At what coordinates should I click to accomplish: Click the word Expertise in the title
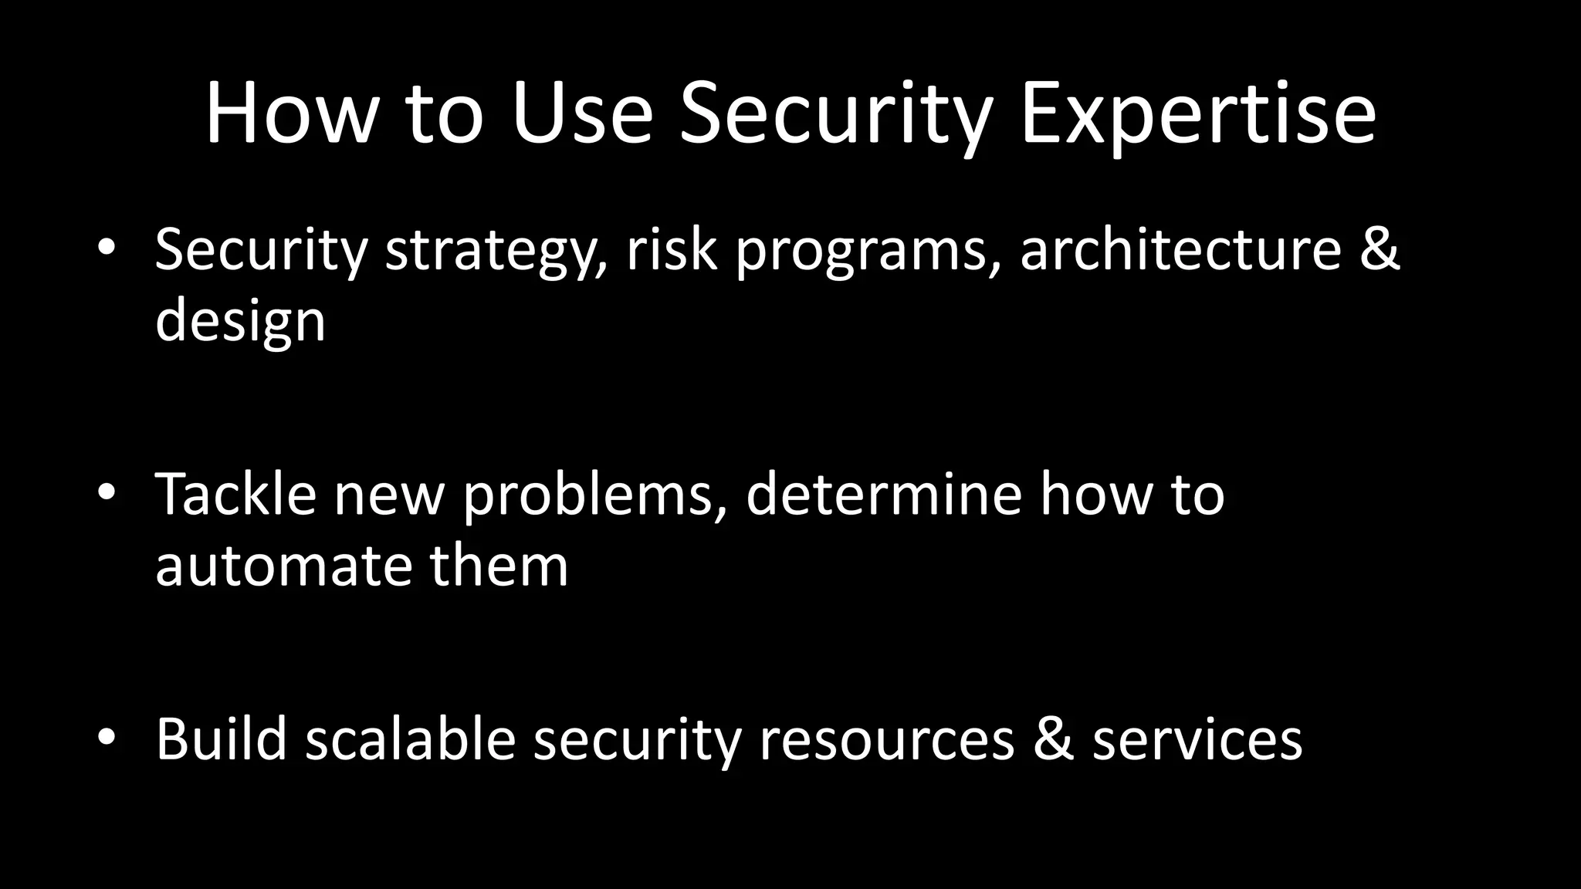(x=1197, y=116)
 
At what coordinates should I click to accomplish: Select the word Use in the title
(x=581, y=116)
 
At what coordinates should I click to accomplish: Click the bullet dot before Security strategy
(x=107, y=248)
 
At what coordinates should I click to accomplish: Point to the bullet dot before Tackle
(x=107, y=492)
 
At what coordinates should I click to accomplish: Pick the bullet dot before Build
(x=107, y=737)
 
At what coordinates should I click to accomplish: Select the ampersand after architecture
(x=1379, y=249)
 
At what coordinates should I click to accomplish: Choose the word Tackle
(x=236, y=494)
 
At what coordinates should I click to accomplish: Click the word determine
(x=884, y=494)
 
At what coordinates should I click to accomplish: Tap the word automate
(x=283, y=566)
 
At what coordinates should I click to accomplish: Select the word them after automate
(x=499, y=566)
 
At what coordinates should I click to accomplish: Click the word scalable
(x=410, y=739)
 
